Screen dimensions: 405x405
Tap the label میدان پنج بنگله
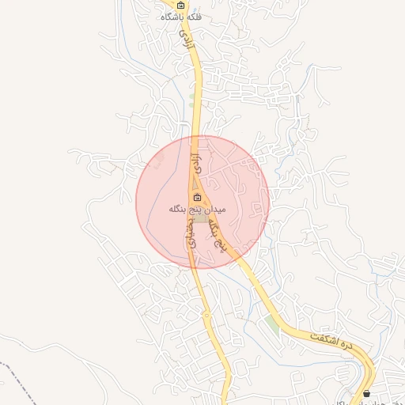pyautogui.click(x=197, y=210)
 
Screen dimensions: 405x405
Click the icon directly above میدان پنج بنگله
pyautogui.click(x=197, y=198)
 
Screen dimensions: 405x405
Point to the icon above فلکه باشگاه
pyautogui.click(x=181, y=5)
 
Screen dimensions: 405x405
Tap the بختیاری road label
pyautogui.click(x=191, y=234)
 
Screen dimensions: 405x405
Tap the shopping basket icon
pyautogui.click(x=366, y=393)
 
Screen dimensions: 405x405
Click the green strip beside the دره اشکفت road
pyautogui.click(x=273, y=324)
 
